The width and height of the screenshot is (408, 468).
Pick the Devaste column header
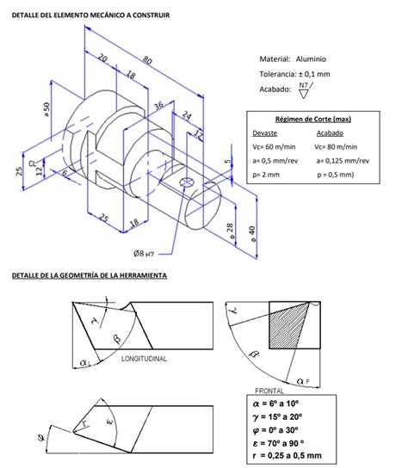coord(265,133)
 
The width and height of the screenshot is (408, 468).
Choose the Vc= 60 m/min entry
coord(275,146)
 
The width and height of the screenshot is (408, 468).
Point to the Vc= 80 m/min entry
coord(340,146)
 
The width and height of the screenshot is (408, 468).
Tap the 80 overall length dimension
coord(147,60)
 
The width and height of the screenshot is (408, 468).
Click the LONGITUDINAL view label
coord(146,357)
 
